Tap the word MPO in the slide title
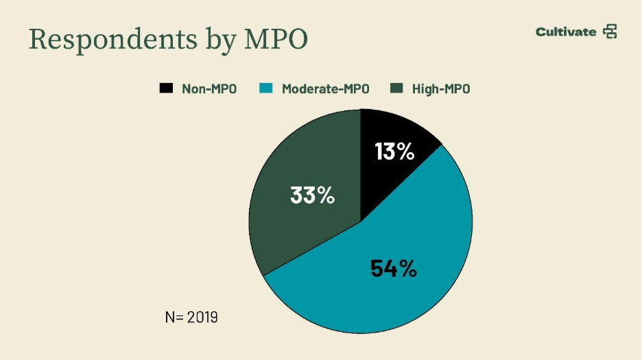(276, 40)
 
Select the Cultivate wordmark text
(566, 32)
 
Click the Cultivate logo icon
(610, 32)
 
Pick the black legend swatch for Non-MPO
(166, 88)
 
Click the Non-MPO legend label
(209, 88)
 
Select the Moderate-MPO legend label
(326, 88)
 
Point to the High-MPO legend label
(441, 88)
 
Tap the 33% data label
(312, 195)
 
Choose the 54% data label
(394, 268)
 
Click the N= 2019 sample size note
(191, 317)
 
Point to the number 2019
(202, 317)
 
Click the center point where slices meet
(361, 221)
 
